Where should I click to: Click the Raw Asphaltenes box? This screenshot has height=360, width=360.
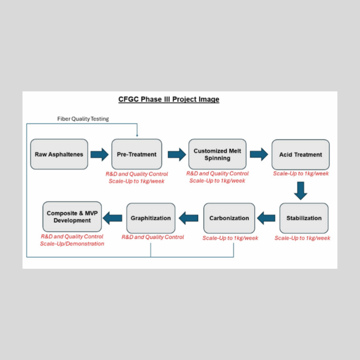[59, 154]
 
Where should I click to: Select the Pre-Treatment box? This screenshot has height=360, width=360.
[136, 154]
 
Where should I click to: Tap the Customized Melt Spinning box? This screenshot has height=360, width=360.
[217, 154]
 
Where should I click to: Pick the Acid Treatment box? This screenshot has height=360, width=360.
[300, 155]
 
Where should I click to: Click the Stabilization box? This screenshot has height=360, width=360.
[304, 218]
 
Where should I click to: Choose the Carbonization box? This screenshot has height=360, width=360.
[229, 218]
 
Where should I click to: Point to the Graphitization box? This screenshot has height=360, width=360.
[150, 218]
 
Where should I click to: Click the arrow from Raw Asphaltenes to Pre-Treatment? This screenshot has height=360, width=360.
[99, 154]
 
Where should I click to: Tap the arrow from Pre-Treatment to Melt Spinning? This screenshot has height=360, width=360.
[176, 154]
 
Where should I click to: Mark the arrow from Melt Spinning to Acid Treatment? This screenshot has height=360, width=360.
[259, 154]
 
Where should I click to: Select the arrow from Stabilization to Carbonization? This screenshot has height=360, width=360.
[266, 217]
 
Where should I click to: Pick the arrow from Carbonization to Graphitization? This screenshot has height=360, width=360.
[188, 217]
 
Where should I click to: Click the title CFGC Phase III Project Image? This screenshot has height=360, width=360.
[168, 99]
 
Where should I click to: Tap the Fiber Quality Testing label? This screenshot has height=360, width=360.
[83, 119]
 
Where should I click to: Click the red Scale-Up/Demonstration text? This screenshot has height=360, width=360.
[72, 244]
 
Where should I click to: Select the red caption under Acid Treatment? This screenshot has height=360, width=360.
[301, 174]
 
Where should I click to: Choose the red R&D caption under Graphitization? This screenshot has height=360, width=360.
[153, 237]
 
